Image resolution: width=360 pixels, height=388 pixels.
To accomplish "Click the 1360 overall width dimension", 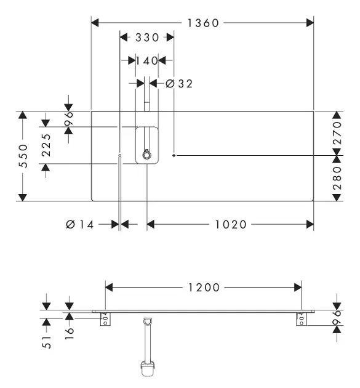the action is pyautogui.click(x=203, y=23).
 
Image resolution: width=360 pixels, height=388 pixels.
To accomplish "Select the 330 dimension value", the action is pyautogui.click(x=147, y=38).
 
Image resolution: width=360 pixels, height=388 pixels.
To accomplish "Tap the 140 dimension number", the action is pyautogui.click(x=147, y=60).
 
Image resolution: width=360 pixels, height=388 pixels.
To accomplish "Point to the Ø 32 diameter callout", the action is pyautogui.click(x=178, y=84).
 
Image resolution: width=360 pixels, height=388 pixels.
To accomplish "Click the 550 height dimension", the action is pyautogui.click(x=23, y=156).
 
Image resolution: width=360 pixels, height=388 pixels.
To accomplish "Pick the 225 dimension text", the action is pyautogui.click(x=46, y=145).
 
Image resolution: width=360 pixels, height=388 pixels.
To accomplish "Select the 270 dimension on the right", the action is pyautogui.click(x=337, y=133).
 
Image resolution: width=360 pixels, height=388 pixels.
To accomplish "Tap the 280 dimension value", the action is pyautogui.click(x=337, y=178).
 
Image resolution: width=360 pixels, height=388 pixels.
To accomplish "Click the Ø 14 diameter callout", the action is pyautogui.click(x=80, y=224).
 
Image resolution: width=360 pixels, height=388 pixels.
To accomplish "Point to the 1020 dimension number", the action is pyautogui.click(x=231, y=225).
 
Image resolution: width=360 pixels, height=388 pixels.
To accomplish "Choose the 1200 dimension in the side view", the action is pyautogui.click(x=204, y=288).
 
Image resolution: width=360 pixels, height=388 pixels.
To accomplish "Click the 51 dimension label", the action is pyautogui.click(x=47, y=342).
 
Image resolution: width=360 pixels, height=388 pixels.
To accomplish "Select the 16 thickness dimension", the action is pyautogui.click(x=70, y=334).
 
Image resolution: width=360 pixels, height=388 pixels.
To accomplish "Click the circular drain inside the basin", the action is pyautogui.click(x=147, y=155).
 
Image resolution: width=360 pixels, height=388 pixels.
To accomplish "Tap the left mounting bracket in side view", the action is pyautogui.click(x=105, y=319).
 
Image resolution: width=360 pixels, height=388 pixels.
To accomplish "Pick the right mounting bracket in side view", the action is pyautogui.click(x=302, y=319).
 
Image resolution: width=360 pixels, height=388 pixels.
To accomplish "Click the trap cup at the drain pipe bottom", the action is pyautogui.click(x=148, y=369).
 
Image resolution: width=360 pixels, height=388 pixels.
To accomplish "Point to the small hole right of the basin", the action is pyautogui.click(x=174, y=155).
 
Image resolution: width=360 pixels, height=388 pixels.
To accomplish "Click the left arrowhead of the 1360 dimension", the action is pyautogui.click(x=95, y=23).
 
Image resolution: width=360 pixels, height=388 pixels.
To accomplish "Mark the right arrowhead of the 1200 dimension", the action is pyautogui.click(x=298, y=288).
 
